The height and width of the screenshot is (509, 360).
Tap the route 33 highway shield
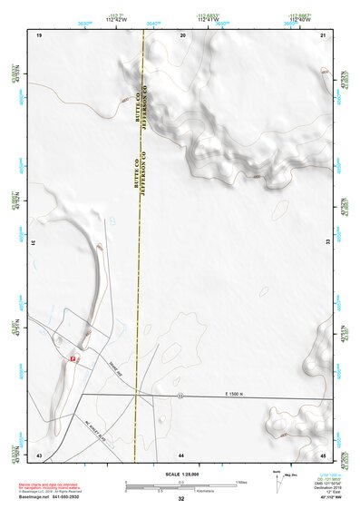click(180, 396)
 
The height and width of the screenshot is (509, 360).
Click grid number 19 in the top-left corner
click(39, 34)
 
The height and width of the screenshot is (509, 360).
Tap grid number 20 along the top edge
click(182, 34)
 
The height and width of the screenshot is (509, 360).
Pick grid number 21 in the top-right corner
click(323, 34)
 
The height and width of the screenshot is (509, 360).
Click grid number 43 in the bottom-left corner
click(39, 454)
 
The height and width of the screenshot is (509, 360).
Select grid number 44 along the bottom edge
click(181, 454)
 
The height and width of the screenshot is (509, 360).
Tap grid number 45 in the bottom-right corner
click(323, 454)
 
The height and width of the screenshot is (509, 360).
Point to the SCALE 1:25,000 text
click(181, 474)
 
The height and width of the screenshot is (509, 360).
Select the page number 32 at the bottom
click(181, 499)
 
